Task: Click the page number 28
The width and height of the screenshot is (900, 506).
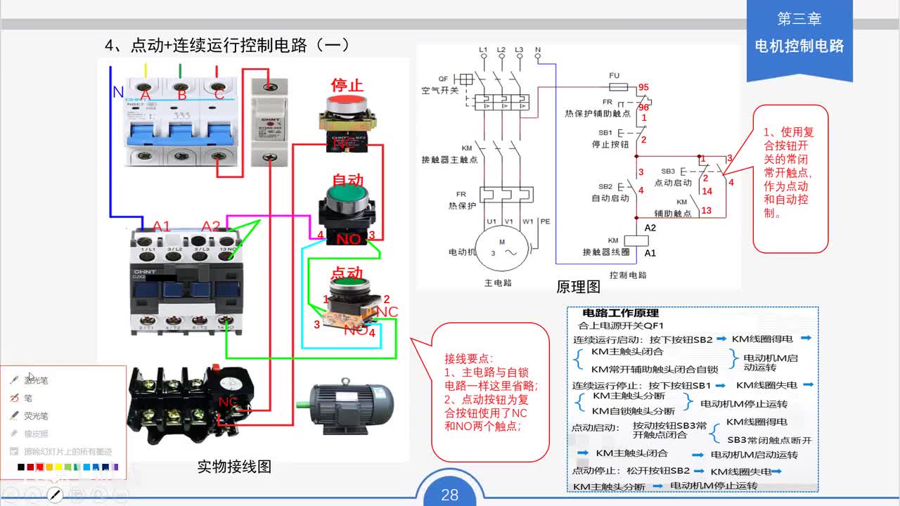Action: [x=449, y=495]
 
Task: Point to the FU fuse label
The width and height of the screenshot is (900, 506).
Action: [x=614, y=75]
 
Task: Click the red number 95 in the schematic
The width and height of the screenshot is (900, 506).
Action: [x=643, y=88]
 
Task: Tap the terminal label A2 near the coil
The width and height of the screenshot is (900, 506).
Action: [x=650, y=228]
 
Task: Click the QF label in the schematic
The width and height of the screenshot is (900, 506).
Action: [x=443, y=79]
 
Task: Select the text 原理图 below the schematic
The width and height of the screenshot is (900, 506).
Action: [x=578, y=287]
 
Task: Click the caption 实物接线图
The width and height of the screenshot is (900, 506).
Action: [x=234, y=467]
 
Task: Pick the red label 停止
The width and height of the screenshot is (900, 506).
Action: [x=347, y=85]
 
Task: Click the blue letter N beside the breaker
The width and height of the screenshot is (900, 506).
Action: [x=118, y=92]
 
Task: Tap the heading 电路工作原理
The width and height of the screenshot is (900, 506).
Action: [x=620, y=313]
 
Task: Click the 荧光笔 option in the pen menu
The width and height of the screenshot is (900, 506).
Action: [x=36, y=416]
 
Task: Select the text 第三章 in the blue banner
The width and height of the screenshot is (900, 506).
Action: [x=799, y=20]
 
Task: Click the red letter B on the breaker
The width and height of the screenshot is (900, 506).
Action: [x=181, y=95]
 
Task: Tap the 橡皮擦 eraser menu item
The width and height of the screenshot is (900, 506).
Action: [x=37, y=434]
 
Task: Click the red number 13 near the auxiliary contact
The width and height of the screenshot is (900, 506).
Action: [x=706, y=210]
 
